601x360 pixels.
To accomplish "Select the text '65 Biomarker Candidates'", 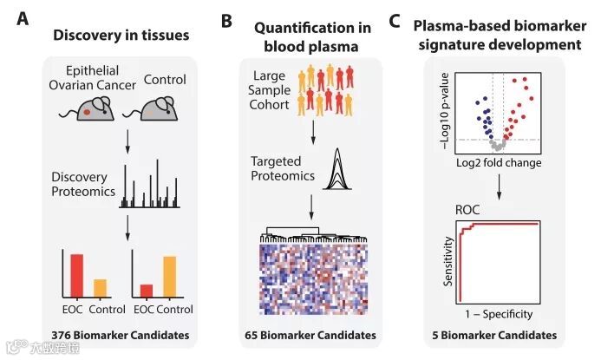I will (x=310, y=335).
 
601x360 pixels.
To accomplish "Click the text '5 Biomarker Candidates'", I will (x=495, y=335).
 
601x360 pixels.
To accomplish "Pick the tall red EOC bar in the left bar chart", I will (x=76, y=277).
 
